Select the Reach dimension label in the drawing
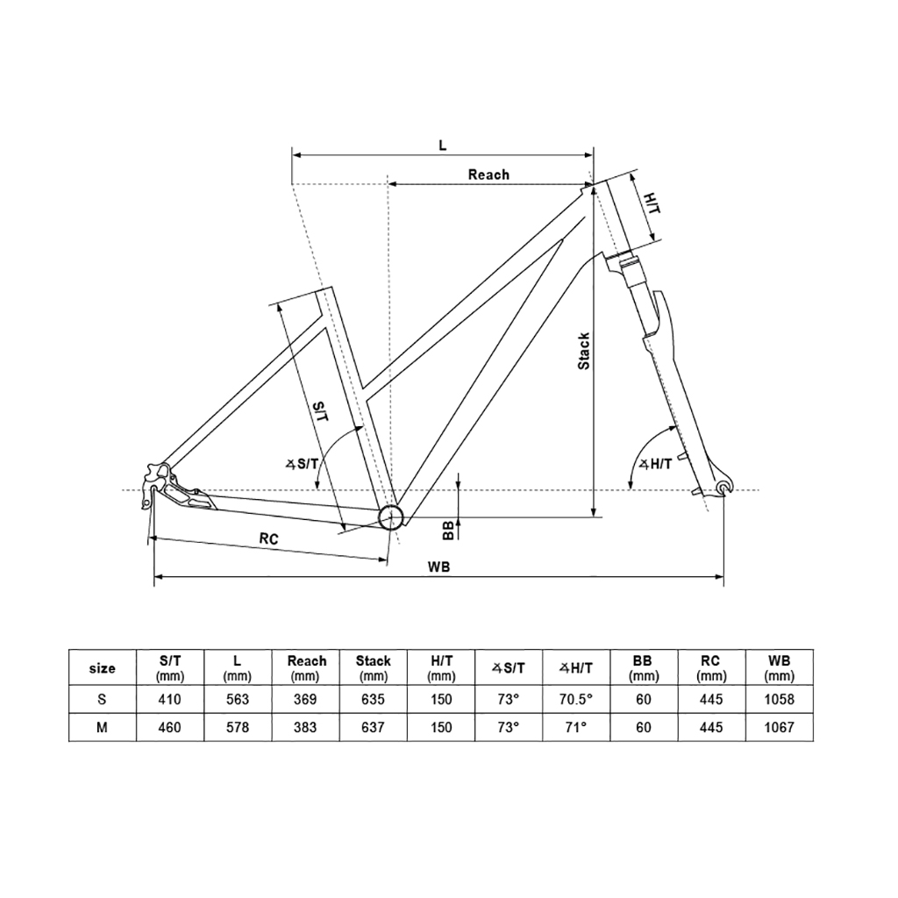488,175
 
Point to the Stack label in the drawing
584,351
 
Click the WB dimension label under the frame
439,567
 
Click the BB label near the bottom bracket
448,529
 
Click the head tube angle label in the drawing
655,464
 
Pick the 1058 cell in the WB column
779,700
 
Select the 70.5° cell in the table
577,700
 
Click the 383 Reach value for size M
306,728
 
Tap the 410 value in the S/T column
170,700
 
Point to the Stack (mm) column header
374,668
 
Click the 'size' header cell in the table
103,668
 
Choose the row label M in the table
103,728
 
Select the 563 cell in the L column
238,700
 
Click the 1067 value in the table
779,728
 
